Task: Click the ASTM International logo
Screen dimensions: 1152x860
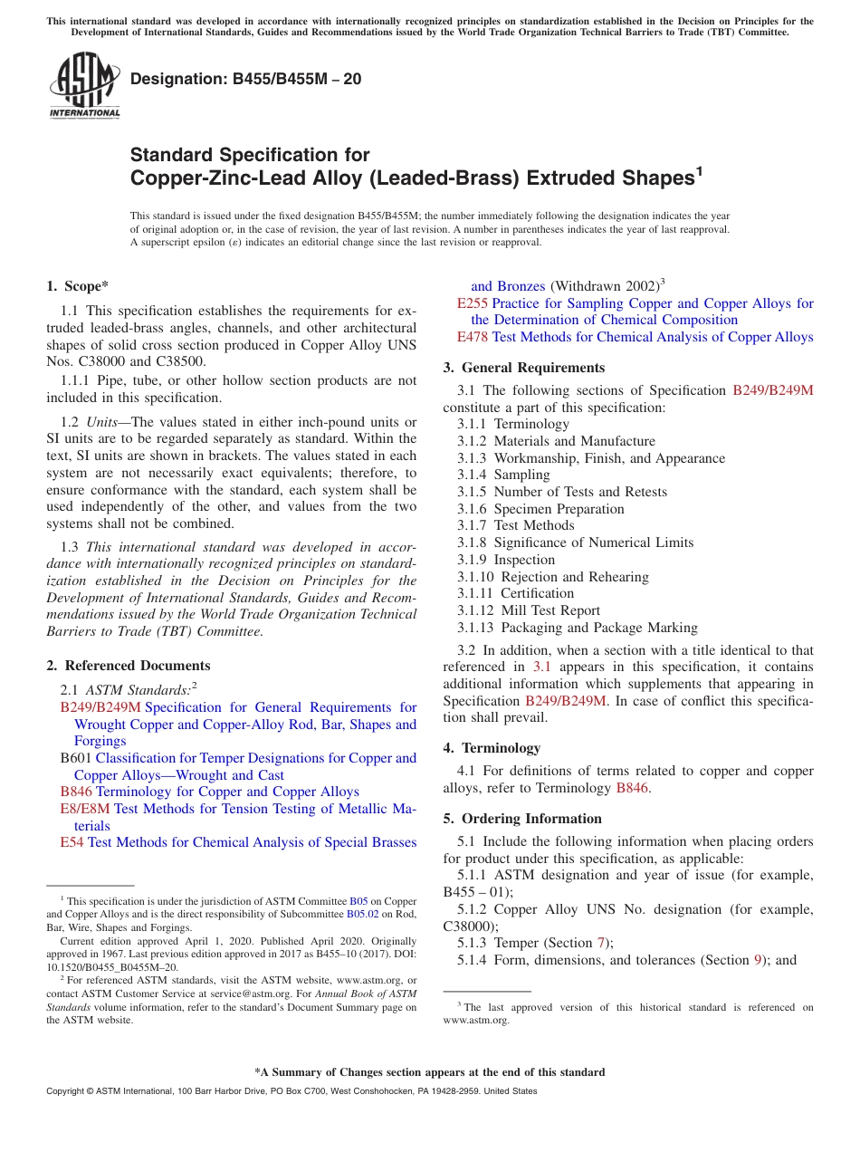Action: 84,86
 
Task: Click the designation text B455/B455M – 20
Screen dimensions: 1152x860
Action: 245,79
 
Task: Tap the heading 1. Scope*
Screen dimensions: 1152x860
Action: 77,286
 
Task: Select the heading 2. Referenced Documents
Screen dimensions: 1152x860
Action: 128,666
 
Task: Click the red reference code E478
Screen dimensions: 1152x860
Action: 473,337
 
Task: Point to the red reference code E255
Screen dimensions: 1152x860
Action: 473,303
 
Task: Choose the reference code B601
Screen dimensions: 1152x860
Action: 76,758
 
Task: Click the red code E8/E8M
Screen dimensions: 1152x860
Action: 85,809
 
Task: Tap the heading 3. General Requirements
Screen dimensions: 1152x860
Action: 524,368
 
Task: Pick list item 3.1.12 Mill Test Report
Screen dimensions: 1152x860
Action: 529,610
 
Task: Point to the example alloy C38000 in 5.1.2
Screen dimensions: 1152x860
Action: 470,926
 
